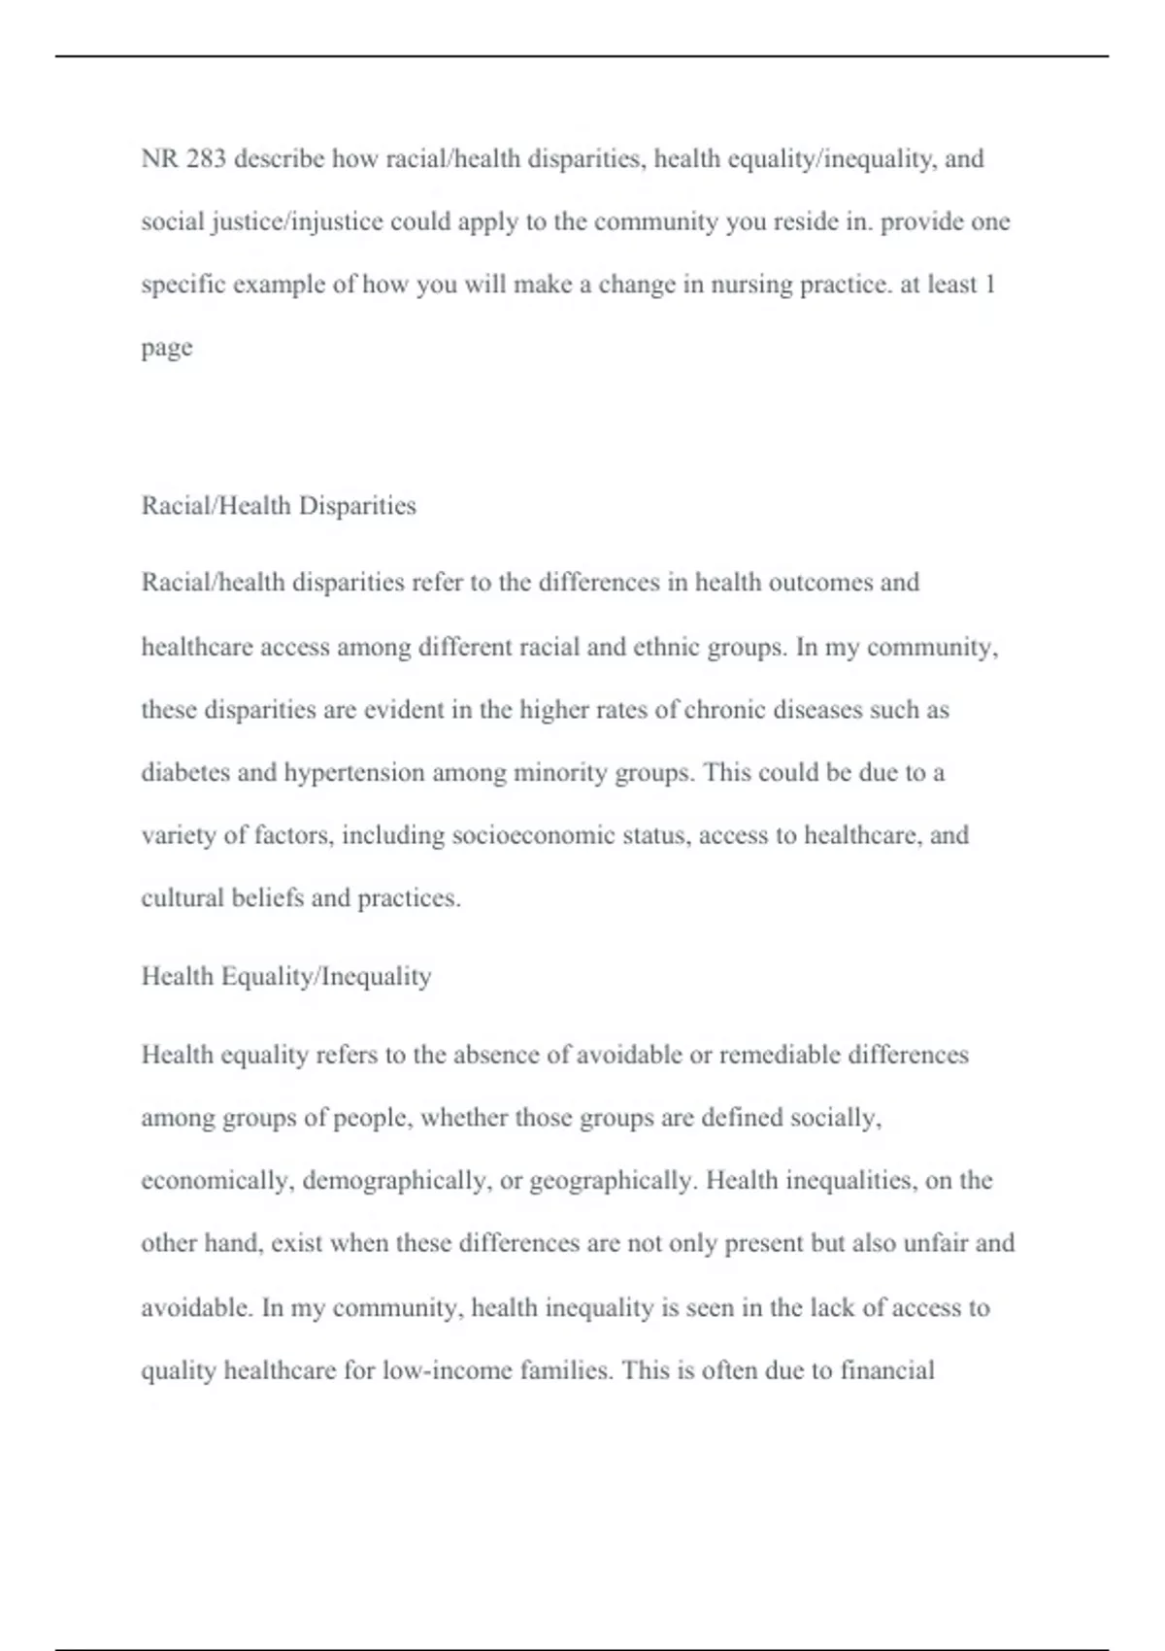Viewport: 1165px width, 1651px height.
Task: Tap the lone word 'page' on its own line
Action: point(167,349)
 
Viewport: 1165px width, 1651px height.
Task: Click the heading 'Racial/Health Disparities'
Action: point(279,506)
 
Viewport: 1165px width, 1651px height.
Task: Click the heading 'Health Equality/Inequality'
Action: point(286,976)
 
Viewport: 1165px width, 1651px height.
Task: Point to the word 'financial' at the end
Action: point(886,1370)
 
